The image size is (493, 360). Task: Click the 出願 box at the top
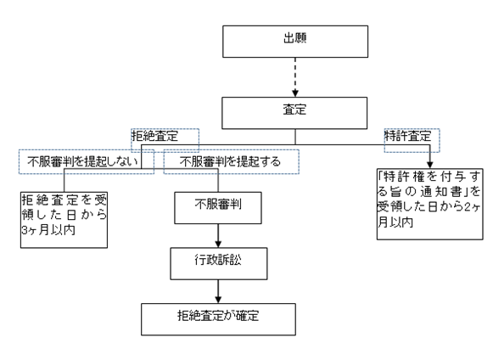coord(295,42)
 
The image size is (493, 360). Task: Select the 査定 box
coord(294,113)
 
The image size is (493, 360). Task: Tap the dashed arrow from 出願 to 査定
coord(295,77)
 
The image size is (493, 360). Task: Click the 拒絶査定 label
coord(154,136)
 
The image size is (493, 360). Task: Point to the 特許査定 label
coord(408,136)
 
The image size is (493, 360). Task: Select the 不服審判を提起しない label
coord(82,161)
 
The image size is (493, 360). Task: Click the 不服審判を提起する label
coord(230,161)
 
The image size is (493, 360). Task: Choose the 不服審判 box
coord(218,208)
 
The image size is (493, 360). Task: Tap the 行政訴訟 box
coord(219,264)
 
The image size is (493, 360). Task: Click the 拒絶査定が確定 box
coord(218,319)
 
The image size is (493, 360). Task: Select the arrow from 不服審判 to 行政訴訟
coord(218,236)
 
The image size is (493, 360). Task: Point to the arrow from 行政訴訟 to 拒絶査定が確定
coord(218,291)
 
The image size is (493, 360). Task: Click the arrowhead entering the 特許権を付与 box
coord(430,165)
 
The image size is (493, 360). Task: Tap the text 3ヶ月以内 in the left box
coord(48,230)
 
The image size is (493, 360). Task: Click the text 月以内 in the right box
coord(395,222)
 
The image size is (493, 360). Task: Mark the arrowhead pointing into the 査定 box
coord(295,93)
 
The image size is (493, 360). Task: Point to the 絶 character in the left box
coord(42,200)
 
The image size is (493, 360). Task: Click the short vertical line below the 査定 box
coord(295,137)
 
